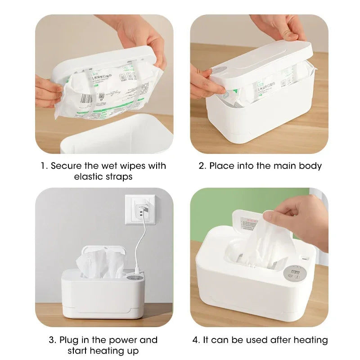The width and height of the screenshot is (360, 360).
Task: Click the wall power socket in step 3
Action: click(x=140, y=209)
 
